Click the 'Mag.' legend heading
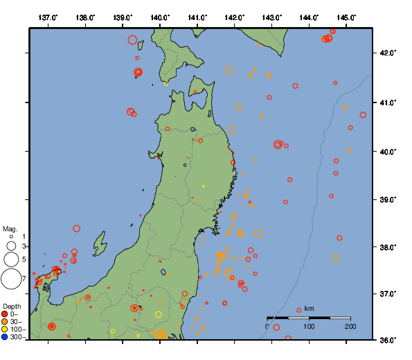click(10, 228)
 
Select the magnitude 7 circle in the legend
click(10, 279)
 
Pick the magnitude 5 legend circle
click(10, 260)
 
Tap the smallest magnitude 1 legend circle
click(10, 236)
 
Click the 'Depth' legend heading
click(11, 306)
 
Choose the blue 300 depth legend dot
click(5, 337)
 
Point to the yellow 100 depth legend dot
click(5, 330)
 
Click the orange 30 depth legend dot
click(5, 322)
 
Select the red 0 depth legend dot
click(5, 314)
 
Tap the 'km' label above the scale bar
click(309, 308)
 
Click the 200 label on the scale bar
click(350, 326)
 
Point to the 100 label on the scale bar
click(309, 326)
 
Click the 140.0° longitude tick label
click(160, 17)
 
